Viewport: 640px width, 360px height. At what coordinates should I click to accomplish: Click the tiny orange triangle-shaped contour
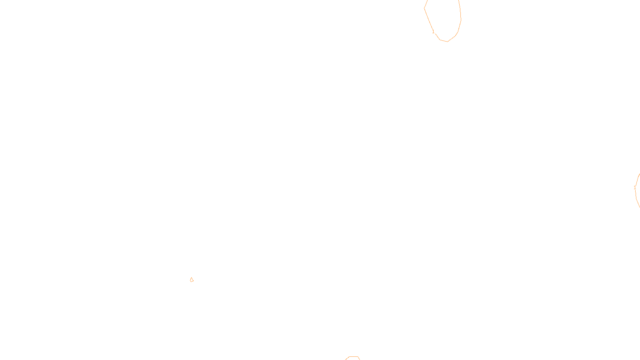[x=192, y=280]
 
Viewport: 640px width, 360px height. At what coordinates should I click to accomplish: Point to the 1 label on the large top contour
[x=433, y=32]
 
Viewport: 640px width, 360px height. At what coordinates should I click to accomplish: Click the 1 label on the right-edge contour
[x=635, y=188]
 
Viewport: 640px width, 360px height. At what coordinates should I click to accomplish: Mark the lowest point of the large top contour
[x=447, y=41]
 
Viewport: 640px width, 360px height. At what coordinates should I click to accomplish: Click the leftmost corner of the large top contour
[x=424, y=8]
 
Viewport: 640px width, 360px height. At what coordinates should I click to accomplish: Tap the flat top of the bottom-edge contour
[x=352, y=357]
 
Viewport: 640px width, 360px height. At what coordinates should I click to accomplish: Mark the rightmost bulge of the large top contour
[x=461, y=18]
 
